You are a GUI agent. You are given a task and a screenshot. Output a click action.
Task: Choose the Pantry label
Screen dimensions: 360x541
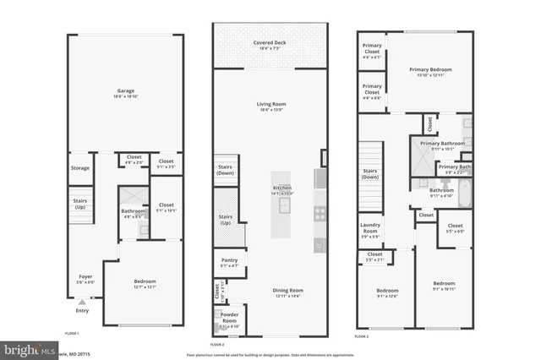pyautogui.click(x=229, y=261)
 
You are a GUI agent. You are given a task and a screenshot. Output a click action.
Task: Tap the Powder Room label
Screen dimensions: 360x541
pyautogui.click(x=229, y=320)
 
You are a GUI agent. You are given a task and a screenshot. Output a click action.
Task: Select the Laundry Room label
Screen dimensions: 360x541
pyautogui.click(x=370, y=227)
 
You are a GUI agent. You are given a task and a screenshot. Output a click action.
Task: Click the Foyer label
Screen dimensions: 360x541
pyautogui.click(x=85, y=275)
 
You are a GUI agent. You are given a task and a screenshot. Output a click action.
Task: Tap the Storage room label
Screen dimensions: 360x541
pyautogui.click(x=80, y=168)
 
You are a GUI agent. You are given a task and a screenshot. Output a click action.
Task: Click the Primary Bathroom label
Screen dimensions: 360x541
pyautogui.click(x=442, y=144)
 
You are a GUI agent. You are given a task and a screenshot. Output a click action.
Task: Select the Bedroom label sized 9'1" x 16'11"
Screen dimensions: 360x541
pyautogui.click(x=445, y=284)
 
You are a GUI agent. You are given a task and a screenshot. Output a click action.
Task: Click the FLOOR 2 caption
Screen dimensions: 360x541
pyautogui.click(x=216, y=344)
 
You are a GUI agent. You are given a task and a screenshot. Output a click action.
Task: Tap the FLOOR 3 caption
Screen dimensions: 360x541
pyautogui.click(x=362, y=336)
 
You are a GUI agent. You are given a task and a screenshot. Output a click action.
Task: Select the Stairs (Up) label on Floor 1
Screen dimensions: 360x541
pyautogui.click(x=80, y=204)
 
